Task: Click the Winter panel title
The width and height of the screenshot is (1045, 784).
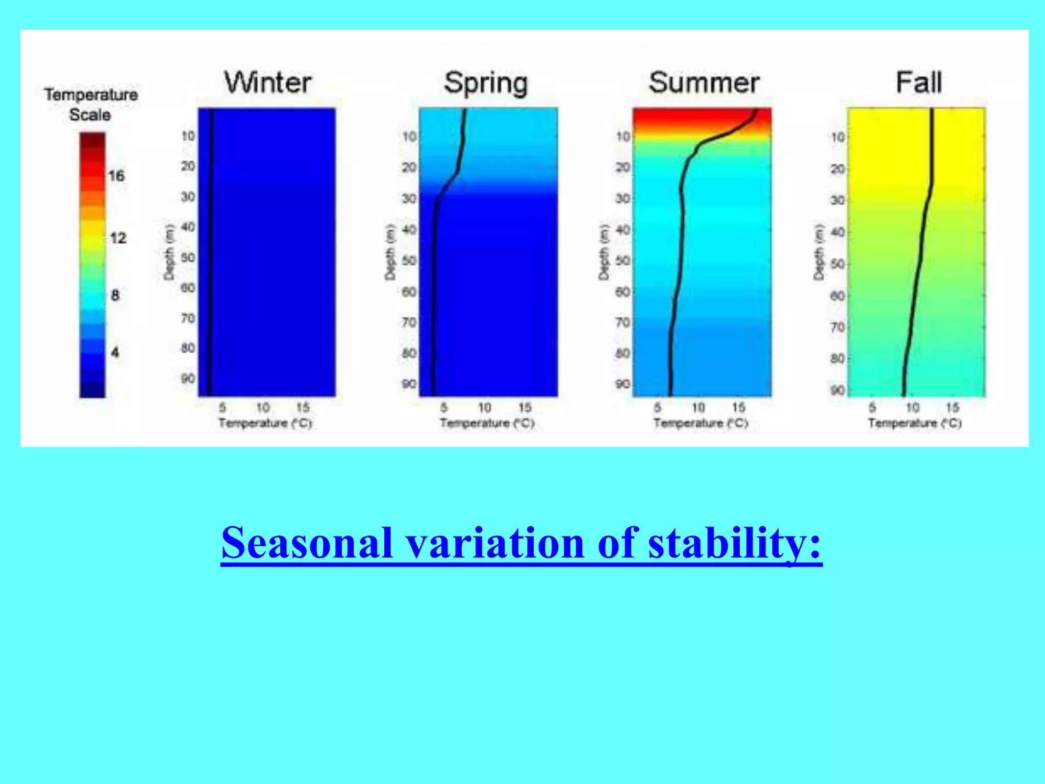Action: tap(268, 83)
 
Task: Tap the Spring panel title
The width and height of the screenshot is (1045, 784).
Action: tap(486, 83)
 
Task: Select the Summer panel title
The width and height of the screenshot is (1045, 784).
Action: tap(704, 83)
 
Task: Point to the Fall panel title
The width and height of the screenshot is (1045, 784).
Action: tap(918, 83)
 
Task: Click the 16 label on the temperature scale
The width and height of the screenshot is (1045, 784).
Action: tap(116, 176)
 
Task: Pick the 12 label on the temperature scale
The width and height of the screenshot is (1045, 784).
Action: tap(118, 238)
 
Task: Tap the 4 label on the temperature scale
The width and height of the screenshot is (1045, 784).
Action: tap(115, 352)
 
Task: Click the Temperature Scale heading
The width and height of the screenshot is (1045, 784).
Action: tap(91, 105)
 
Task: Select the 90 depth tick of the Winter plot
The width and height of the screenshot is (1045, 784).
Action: tap(188, 379)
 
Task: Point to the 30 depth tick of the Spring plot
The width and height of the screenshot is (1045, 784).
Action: tap(409, 198)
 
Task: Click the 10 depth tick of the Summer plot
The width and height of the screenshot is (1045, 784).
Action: tap(623, 136)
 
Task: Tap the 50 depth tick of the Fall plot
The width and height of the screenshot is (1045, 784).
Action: tap(837, 264)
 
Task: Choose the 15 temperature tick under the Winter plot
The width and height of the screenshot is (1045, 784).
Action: tap(303, 407)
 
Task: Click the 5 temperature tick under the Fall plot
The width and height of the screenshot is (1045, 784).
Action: tap(872, 407)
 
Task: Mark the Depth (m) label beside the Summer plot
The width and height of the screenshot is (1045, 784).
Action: tap(604, 252)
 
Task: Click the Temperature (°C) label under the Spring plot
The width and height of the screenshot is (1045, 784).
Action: tap(487, 423)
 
